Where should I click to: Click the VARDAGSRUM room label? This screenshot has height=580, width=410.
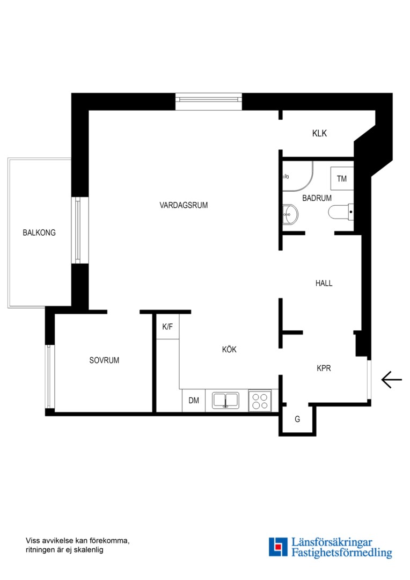click(x=184, y=205)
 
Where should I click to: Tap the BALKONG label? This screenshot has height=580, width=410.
click(x=39, y=233)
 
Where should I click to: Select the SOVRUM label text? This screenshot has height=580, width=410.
click(x=104, y=360)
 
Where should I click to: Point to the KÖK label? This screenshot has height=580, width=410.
click(x=229, y=349)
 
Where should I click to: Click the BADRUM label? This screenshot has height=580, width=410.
click(x=317, y=198)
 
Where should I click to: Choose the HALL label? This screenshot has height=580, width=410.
click(x=324, y=284)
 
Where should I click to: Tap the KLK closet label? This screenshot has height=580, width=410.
click(x=319, y=133)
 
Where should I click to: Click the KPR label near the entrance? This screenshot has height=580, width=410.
click(x=324, y=368)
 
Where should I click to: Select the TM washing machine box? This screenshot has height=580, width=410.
click(x=342, y=179)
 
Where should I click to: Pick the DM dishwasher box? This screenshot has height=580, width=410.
click(x=194, y=401)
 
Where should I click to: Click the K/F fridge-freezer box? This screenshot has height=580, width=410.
click(x=167, y=327)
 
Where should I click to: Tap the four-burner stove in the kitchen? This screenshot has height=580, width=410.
click(x=260, y=401)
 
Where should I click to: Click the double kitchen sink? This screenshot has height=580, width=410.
click(x=225, y=401)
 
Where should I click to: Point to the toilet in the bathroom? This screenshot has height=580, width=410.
click(x=341, y=212)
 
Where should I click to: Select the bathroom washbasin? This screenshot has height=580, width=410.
click(x=290, y=214)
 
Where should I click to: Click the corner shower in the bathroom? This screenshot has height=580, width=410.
click(x=298, y=176)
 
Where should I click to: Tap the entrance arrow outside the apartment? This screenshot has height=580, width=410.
click(x=392, y=380)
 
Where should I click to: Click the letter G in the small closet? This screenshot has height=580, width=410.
click(x=297, y=419)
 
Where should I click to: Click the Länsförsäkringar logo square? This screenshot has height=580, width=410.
click(x=278, y=547)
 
